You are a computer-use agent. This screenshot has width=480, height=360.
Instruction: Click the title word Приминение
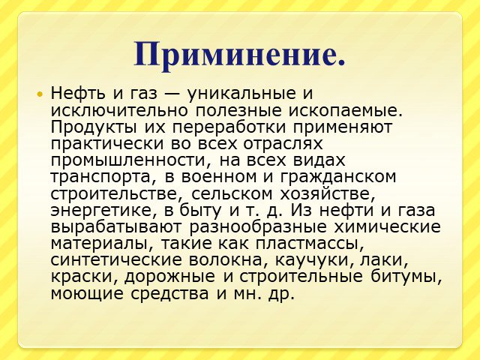coord(240,54)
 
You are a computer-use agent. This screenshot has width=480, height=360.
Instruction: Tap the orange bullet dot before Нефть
coord(39,94)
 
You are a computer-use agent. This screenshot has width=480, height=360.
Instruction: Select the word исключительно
coord(119,110)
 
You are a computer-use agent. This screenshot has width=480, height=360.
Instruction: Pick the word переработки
coord(229,127)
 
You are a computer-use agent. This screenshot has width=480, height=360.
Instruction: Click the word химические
coord(387,227)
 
